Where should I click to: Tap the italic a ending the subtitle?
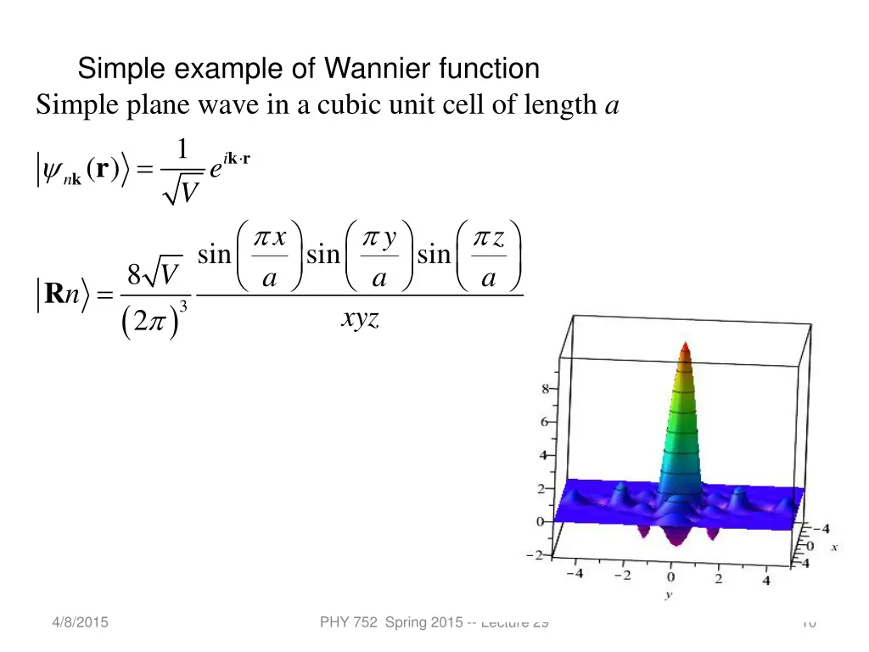point(611,106)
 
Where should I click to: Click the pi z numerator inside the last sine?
point(489,239)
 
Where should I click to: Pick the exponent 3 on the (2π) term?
point(182,306)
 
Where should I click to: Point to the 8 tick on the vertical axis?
point(544,389)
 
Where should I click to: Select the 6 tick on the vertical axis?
point(544,422)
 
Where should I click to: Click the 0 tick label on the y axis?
point(670,579)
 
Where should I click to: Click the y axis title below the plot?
point(669,596)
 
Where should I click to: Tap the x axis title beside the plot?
point(834,548)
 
